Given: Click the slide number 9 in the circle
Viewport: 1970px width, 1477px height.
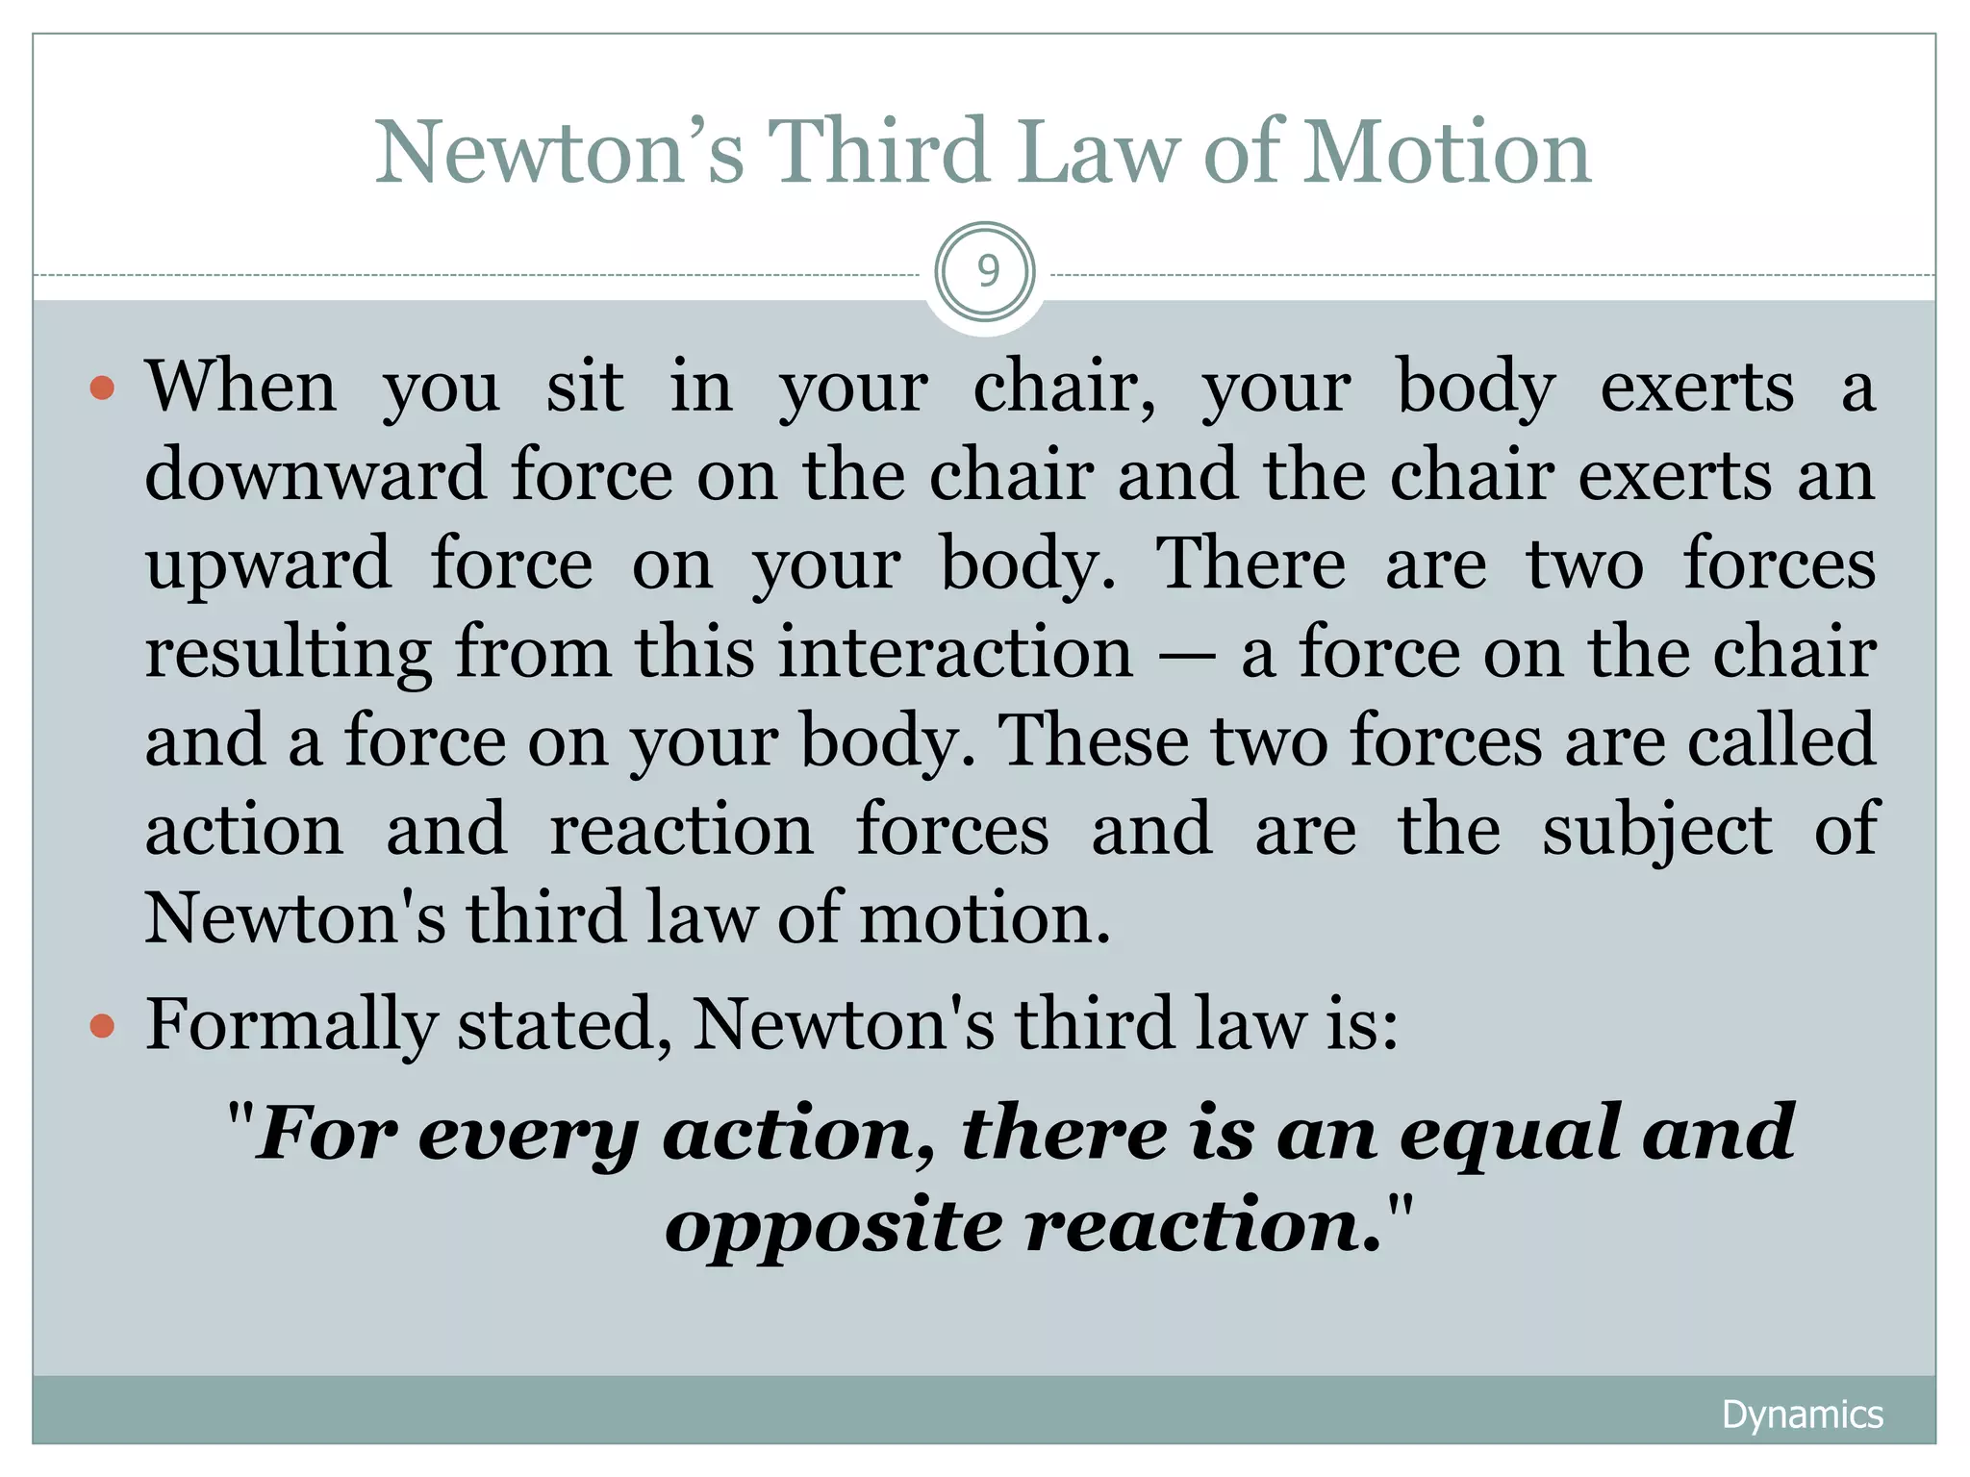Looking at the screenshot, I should pos(987,271).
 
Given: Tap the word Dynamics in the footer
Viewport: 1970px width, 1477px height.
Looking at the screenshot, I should pos(1802,1414).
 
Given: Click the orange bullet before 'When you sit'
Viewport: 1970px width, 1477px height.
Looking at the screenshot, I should pos(102,388).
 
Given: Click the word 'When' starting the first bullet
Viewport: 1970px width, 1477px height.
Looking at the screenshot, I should pos(240,387).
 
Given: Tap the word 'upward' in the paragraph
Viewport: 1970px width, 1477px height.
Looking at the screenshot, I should pos(267,565).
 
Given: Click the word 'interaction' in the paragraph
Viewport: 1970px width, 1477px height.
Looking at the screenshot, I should pos(956,652).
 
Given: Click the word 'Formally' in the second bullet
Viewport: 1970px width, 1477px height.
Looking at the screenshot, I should pos(291,1025).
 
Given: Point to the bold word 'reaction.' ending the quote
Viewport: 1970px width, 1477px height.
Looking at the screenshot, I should pos(1202,1227).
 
